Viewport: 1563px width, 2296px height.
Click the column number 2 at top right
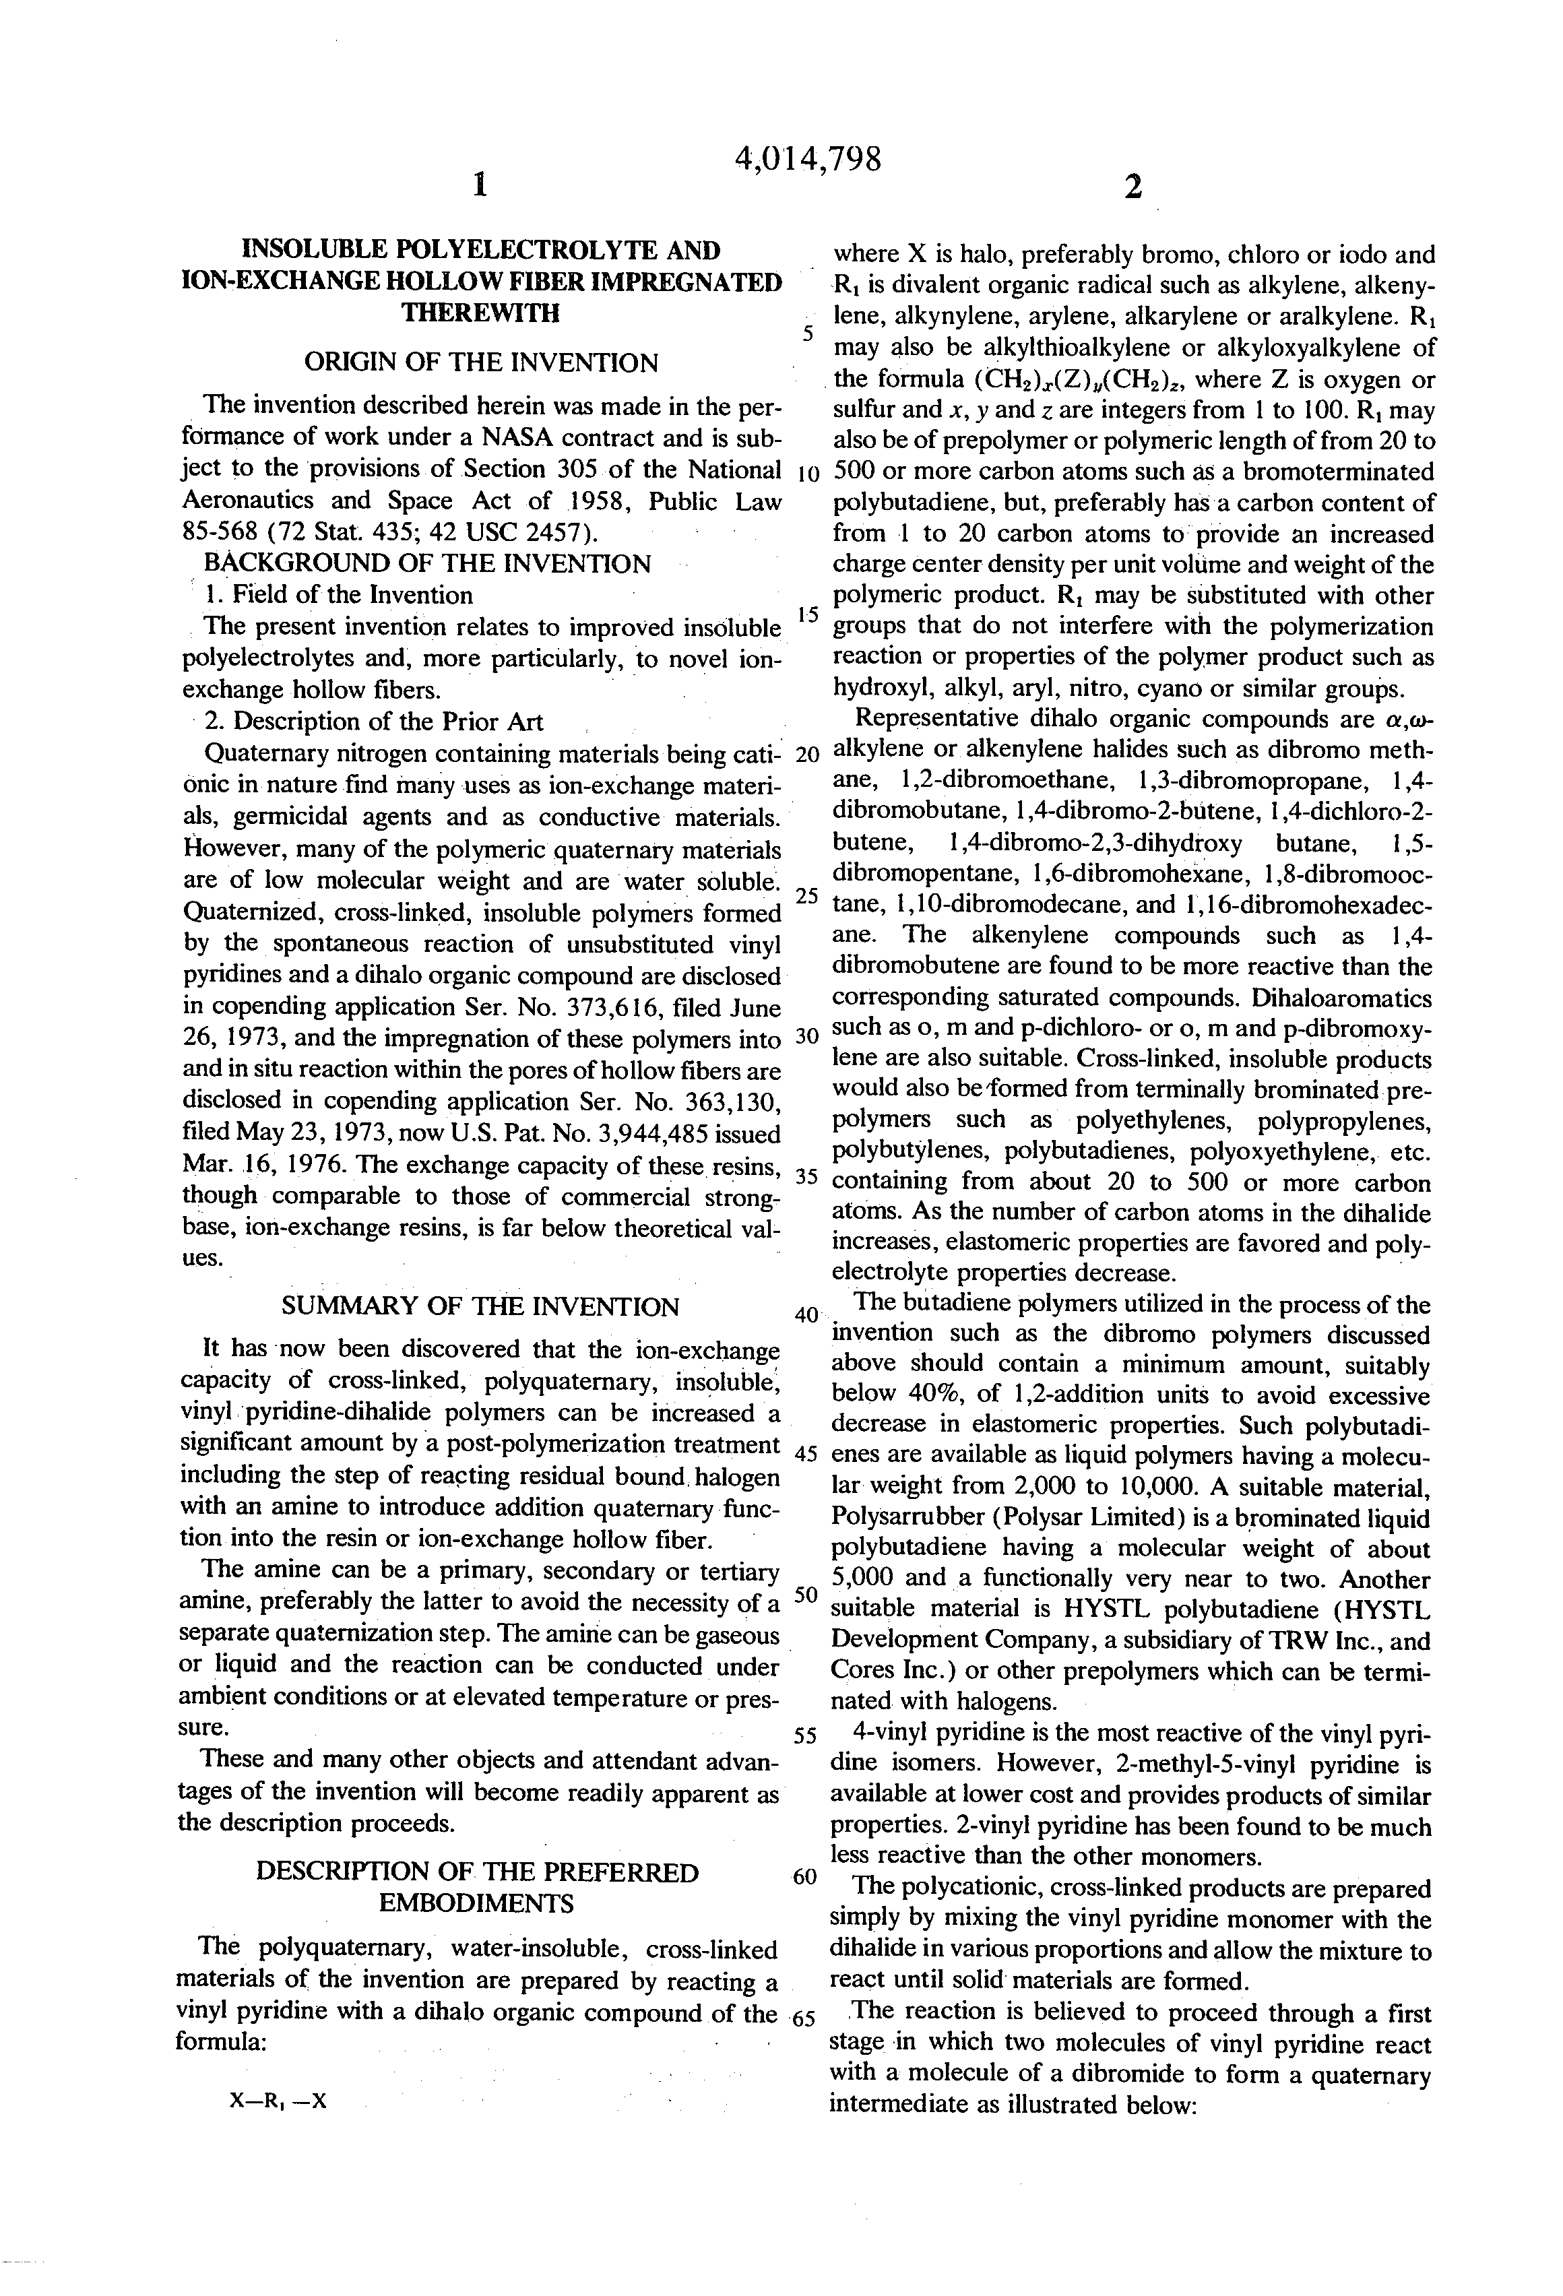click(1133, 187)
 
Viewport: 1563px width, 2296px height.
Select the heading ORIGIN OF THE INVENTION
click(480, 362)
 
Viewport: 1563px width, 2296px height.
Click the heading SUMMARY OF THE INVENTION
click(480, 1306)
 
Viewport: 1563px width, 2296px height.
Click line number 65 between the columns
click(803, 2016)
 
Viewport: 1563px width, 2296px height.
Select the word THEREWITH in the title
click(480, 313)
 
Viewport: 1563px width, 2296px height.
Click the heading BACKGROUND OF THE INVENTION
click(427, 564)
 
